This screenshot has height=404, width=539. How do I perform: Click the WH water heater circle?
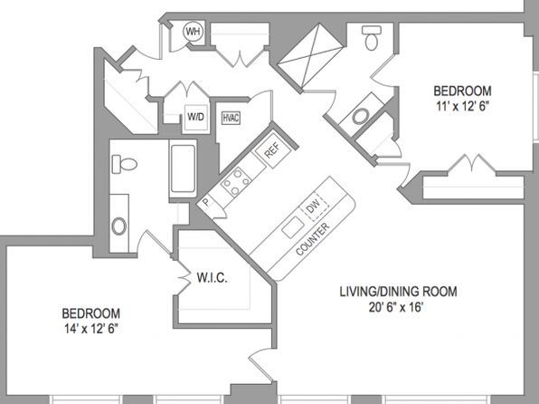click(x=194, y=32)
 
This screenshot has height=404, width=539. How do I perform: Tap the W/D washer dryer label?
click(x=195, y=117)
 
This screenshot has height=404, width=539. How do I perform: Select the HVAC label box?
click(x=231, y=118)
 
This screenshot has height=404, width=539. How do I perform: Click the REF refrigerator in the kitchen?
click(x=273, y=150)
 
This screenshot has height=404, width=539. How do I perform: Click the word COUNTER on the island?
click(x=313, y=239)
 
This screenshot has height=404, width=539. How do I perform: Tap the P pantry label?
click(x=205, y=201)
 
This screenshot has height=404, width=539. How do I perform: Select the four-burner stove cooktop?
click(x=237, y=182)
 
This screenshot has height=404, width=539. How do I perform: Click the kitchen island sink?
click(x=293, y=227)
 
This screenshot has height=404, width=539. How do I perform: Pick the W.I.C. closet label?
click(x=213, y=277)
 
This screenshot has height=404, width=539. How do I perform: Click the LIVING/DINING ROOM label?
click(x=399, y=292)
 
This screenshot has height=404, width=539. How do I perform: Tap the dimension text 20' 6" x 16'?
click(x=395, y=307)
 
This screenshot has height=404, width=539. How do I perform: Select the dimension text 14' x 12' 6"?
click(x=91, y=329)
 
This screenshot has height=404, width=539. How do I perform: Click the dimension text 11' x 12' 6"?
click(x=462, y=106)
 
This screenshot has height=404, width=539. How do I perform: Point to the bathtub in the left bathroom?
click(x=183, y=168)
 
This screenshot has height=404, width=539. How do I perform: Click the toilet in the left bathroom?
click(x=125, y=164)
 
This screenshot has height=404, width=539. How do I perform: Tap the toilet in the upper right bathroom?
click(x=372, y=38)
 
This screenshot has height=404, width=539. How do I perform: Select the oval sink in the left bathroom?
click(x=119, y=226)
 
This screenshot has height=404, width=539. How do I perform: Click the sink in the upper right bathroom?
click(x=361, y=116)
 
